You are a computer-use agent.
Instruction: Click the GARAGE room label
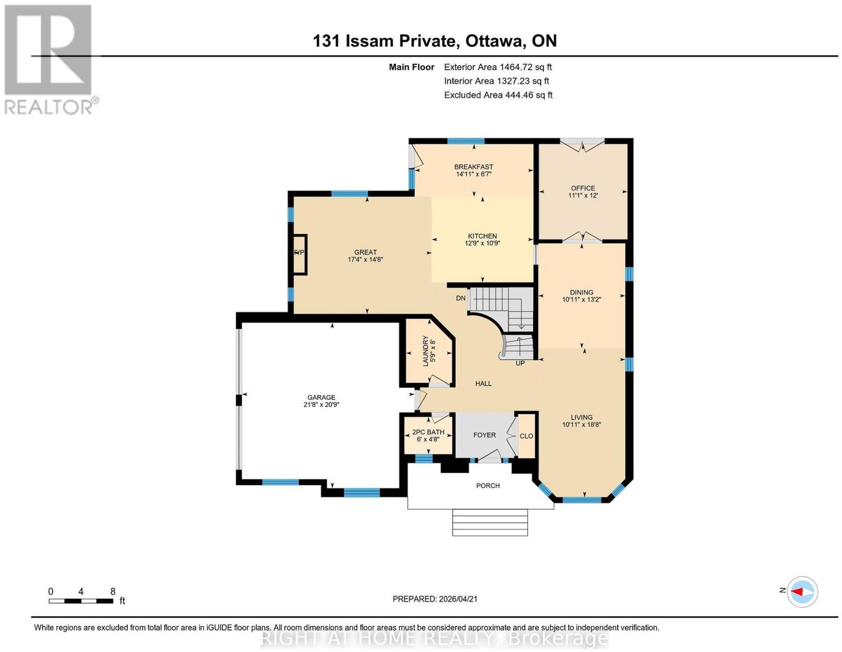pyautogui.click(x=321, y=397)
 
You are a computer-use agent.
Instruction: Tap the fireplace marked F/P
pyautogui.click(x=300, y=255)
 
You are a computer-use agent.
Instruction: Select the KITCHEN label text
pyautogui.click(x=482, y=236)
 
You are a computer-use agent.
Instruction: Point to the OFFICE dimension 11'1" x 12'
pyautogui.click(x=583, y=196)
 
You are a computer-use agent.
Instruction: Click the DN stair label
pyautogui.click(x=460, y=298)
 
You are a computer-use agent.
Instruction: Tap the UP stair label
pyautogui.click(x=520, y=364)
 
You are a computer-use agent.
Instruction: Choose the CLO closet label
pyautogui.click(x=526, y=436)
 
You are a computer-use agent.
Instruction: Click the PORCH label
pyautogui.click(x=488, y=486)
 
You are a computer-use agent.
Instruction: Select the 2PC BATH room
pyautogui.click(x=428, y=435)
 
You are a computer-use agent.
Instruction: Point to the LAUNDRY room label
pyautogui.click(x=425, y=351)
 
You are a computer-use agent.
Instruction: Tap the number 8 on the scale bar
pyautogui.click(x=113, y=591)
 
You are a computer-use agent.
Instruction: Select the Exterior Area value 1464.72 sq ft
pyautogui.click(x=526, y=67)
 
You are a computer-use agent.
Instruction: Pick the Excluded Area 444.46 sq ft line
pyautogui.click(x=498, y=95)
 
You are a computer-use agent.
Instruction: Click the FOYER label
pyautogui.click(x=484, y=435)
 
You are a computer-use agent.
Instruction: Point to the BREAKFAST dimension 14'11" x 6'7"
pyautogui.click(x=474, y=174)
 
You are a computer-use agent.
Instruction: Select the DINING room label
pyautogui.click(x=581, y=292)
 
